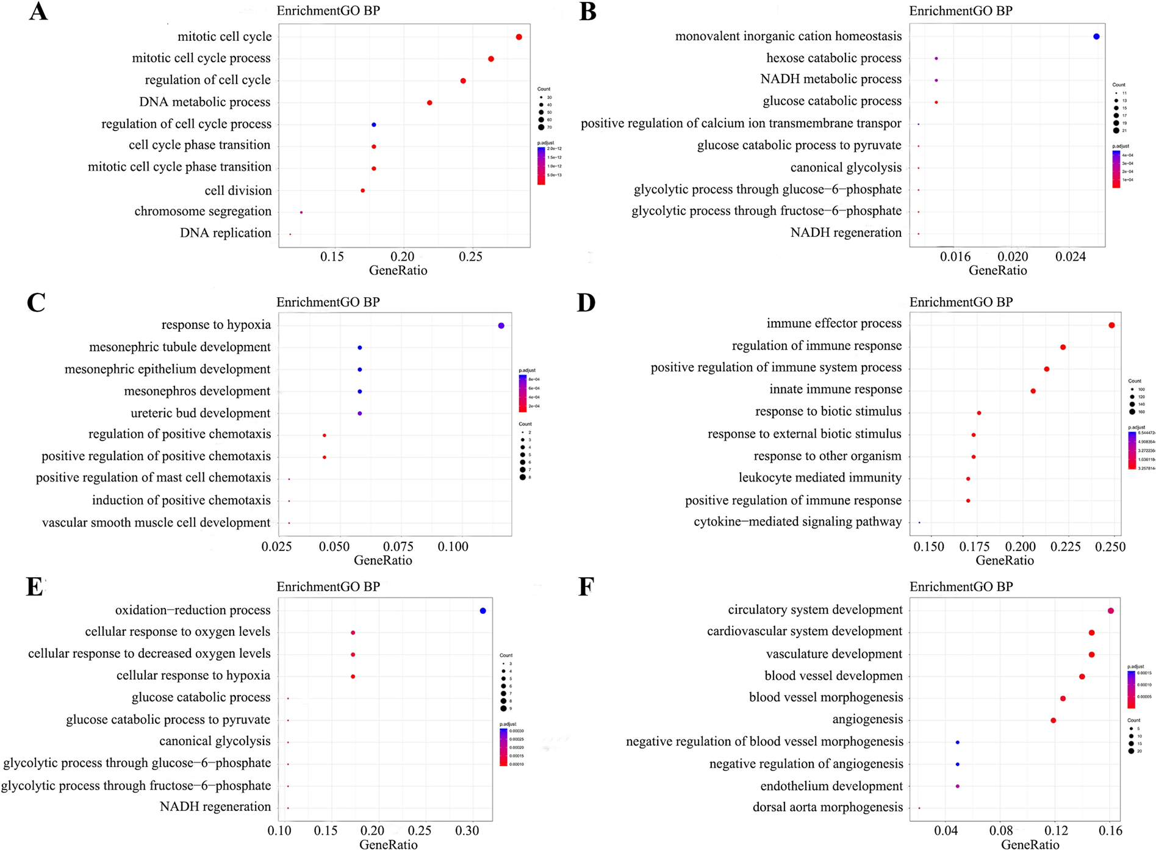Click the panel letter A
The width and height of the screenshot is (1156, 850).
click(x=38, y=12)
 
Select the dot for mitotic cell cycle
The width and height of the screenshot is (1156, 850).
click(x=519, y=37)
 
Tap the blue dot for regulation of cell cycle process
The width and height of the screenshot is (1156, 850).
click(x=373, y=125)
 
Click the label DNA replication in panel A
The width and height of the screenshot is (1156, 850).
click(x=225, y=233)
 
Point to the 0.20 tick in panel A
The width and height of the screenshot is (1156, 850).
click(x=402, y=257)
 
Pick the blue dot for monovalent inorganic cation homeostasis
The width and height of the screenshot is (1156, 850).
click(x=1096, y=37)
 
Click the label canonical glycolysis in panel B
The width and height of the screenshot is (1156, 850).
click(x=845, y=168)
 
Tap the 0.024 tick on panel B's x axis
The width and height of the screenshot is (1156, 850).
click(x=1071, y=257)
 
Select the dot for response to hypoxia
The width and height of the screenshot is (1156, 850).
click(x=501, y=326)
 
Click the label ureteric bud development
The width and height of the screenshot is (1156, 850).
click(x=200, y=414)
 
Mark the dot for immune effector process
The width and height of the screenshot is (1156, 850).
click(x=1111, y=325)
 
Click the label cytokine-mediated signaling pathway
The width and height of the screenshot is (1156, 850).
click(x=797, y=522)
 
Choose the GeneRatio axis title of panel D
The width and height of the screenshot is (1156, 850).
click(x=1004, y=560)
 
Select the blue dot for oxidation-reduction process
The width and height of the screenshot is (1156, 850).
click(x=483, y=611)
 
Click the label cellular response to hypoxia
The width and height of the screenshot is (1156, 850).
click(x=193, y=675)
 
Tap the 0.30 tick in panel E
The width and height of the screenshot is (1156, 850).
click(x=467, y=830)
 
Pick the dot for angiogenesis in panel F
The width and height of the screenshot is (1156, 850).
click(x=1053, y=721)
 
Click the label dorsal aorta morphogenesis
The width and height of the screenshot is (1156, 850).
click(x=827, y=807)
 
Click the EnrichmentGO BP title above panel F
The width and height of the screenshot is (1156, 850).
click(x=961, y=587)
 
